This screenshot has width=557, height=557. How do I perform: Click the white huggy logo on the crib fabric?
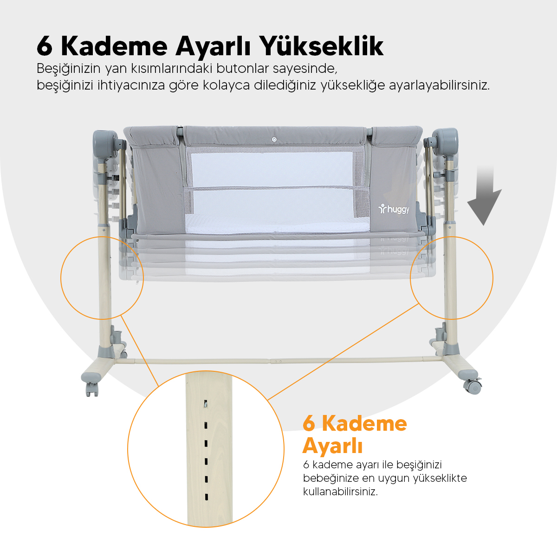point(394,209)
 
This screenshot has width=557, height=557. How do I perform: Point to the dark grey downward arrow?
point(484,196)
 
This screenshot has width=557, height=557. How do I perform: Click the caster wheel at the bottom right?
point(473,387)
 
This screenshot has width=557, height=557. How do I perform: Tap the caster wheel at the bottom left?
point(92,389)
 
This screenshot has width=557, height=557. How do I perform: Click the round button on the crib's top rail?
point(274,140)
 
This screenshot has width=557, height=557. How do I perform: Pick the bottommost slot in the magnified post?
point(207,497)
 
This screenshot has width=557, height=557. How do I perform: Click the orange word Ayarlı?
point(332,446)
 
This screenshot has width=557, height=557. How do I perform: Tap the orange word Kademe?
point(364,423)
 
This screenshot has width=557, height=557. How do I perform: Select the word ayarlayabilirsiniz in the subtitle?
point(440,85)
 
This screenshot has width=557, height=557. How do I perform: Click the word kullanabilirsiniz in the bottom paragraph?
point(340,492)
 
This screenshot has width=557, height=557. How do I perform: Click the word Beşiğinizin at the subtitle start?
point(69,69)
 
